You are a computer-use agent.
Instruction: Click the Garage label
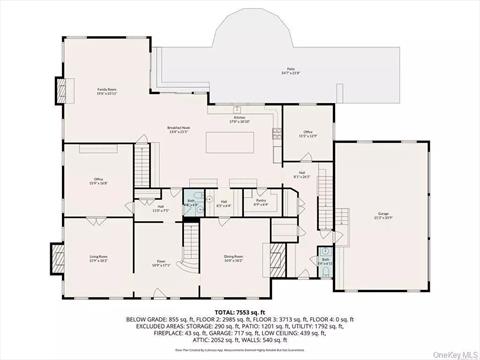[382, 214]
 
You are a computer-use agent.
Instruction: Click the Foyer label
[160, 265]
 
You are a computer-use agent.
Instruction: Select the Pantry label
[261, 203]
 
